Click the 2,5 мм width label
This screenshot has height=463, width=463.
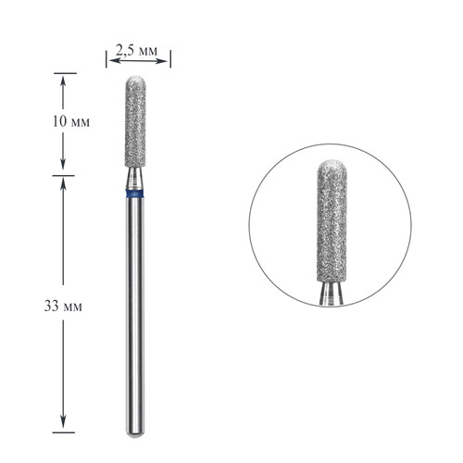pyautogui.click(x=136, y=50)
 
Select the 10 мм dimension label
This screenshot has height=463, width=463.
pyautogui.click(x=71, y=121)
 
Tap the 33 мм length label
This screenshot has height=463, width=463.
pyautogui.click(x=63, y=307)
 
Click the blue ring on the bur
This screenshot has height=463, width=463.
pyautogui.click(x=135, y=194)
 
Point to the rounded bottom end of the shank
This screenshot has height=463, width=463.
pyautogui.click(x=135, y=435)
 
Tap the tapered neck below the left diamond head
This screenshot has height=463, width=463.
pyautogui.click(x=135, y=179)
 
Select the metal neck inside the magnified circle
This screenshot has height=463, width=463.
pyautogui.click(x=331, y=294)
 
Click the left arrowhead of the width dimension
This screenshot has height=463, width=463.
pyautogui.click(x=113, y=61)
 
